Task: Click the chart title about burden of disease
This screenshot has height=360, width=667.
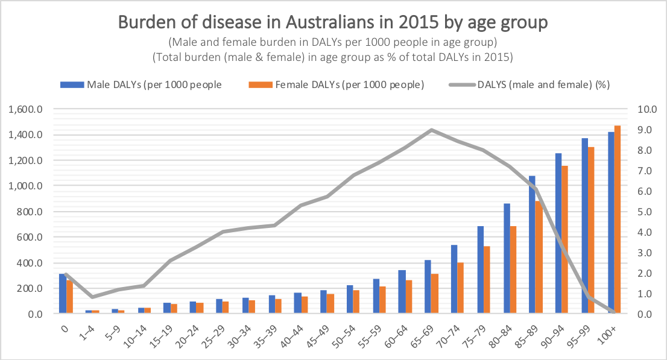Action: tap(333, 22)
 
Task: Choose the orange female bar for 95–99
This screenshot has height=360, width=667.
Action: tap(590, 230)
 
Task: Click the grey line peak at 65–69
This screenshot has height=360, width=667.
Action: tap(431, 130)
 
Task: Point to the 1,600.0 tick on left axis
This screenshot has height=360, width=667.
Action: tap(24, 109)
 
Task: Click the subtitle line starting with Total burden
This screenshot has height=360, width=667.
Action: tap(333, 57)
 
